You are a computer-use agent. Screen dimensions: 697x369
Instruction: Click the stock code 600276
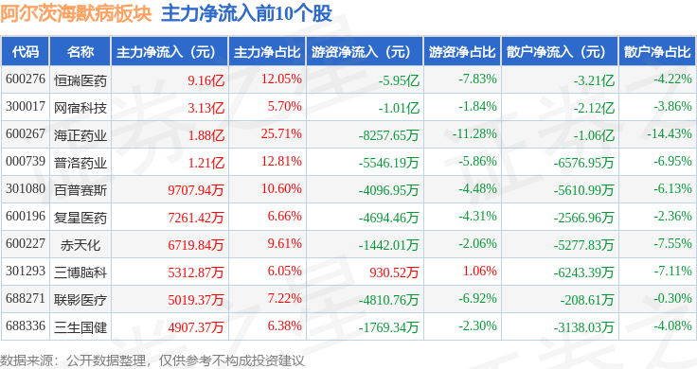pyautogui.click(x=26, y=79)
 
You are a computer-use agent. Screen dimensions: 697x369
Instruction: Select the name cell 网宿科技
pyautogui.click(x=80, y=108)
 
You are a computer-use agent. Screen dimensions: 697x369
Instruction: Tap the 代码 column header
pyautogui.click(x=26, y=51)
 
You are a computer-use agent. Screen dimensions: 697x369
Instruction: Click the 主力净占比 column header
pyautogui.click(x=267, y=51)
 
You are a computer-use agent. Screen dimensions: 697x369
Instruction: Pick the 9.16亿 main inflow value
pyautogui.click(x=206, y=80)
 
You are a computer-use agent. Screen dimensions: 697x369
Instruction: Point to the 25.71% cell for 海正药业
pyautogui.click(x=281, y=133)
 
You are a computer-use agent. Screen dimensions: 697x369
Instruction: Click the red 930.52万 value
pyautogui.click(x=394, y=272)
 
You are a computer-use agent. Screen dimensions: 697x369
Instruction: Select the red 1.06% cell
pyautogui.click(x=479, y=271)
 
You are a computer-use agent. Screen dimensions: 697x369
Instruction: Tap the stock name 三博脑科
pyautogui.click(x=80, y=272)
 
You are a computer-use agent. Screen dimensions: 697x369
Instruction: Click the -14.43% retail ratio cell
pyautogui.click(x=669, y=133)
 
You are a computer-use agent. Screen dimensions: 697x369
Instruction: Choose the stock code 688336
pyautogui.click(x=26, y=325)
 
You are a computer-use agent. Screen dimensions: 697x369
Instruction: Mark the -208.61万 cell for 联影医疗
pyautogui.click(x=587, y=300)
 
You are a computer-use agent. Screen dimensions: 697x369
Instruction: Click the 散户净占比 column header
pyautogui.click(x=657, y=51)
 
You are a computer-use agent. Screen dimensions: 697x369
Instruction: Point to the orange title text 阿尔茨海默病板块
pyautogui.click(x=76, y=13)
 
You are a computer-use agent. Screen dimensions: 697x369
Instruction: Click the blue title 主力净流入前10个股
pyautogui.click(x=247, y=13)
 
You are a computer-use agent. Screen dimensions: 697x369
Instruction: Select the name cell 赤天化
pyautogui.click(x=80, y=245)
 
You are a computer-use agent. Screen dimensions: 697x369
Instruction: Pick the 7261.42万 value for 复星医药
pyautogui.click(x=196, y=218)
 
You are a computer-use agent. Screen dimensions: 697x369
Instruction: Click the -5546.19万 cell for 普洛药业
pyautogui.click(x=388, y=163)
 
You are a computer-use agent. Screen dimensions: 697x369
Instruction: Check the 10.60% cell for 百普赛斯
pyautogui.click(x=281, y=188)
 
